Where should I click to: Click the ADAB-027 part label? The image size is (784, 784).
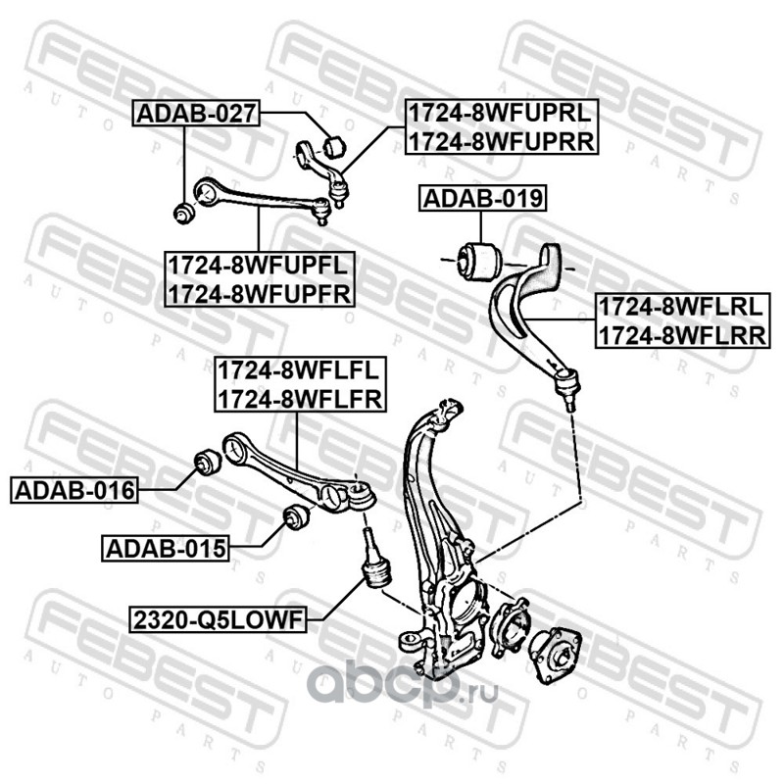196,114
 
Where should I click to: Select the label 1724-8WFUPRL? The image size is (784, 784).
501,113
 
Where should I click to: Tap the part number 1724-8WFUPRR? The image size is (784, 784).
502,141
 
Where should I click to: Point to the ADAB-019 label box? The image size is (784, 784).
482,199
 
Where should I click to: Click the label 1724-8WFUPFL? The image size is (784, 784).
258,265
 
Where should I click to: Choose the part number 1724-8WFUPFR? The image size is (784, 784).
260,294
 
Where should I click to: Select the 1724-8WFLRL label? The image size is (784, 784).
681,307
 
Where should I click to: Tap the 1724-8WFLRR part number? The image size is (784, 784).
682,335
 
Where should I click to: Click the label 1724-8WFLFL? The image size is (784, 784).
299,370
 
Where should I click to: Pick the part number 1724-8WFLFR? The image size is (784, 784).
300,399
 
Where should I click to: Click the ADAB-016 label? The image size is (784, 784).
74,490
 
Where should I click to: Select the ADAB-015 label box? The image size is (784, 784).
166,549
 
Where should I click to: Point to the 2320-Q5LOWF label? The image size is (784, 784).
218,620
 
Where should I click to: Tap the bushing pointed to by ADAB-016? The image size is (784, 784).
207,463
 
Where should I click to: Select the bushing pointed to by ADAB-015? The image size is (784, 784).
297,518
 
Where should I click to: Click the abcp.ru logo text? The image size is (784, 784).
403,683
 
